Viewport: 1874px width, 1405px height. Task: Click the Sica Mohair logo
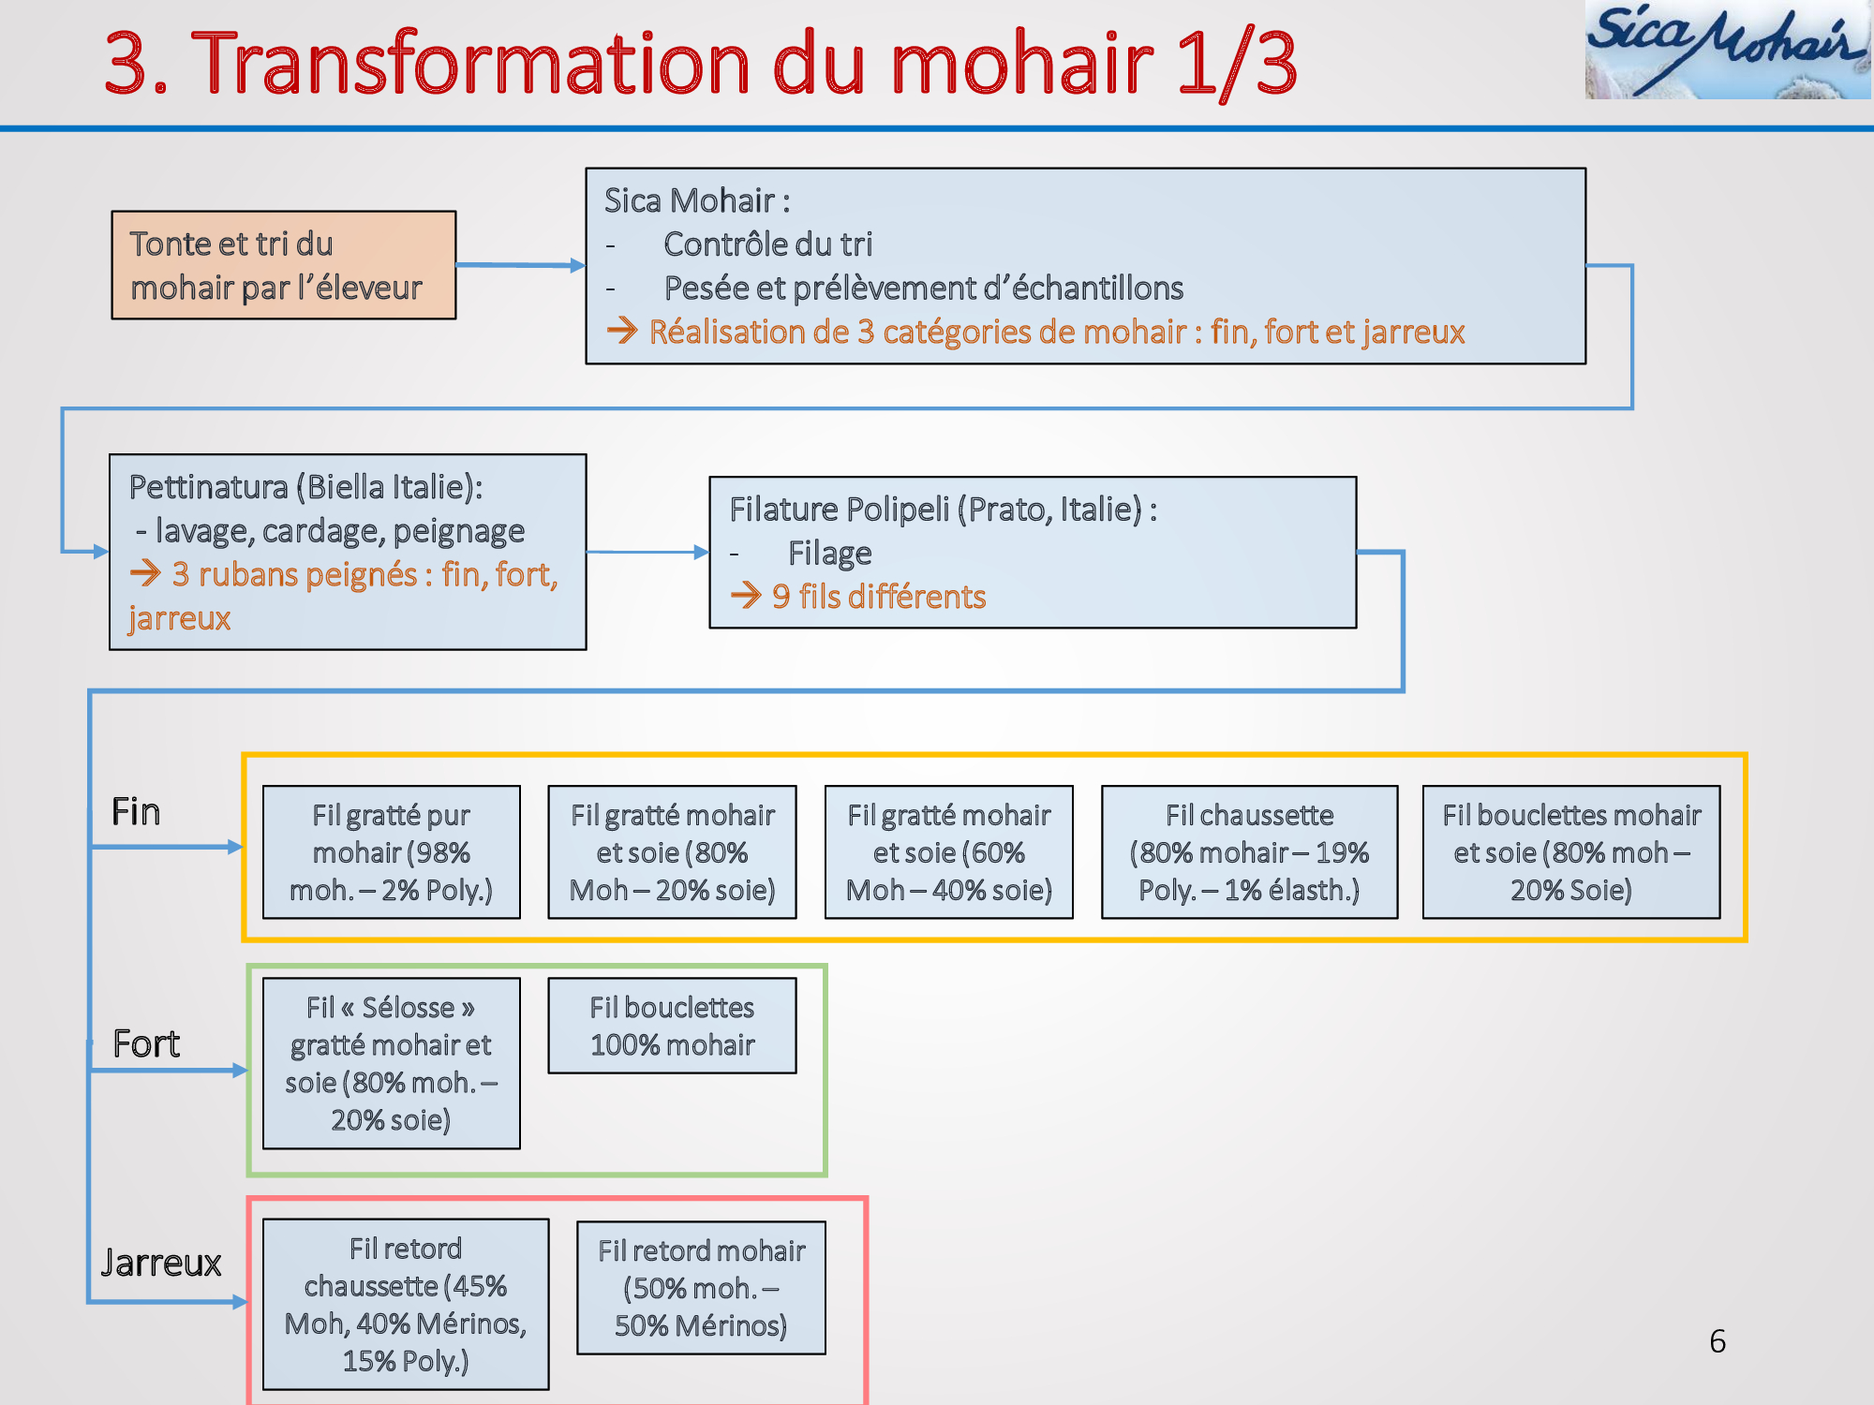coord(1728,50)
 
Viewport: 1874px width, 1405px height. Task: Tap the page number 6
coord(1718,1341)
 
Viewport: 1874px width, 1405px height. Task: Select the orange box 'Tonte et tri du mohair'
coord(284,265)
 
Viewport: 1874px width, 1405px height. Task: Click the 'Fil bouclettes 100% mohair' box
coord(672,1026)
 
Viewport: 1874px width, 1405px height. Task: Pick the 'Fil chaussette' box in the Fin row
coord(1249,852)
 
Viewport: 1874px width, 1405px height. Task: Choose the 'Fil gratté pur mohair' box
coord(392,852)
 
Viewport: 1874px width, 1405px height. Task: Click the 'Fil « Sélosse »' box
coord(392,1063)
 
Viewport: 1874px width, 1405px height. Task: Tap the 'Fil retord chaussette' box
coord(406,1304)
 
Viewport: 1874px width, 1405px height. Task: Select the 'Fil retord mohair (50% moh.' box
coord(701,1288)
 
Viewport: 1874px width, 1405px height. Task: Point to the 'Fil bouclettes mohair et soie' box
coord(1571,852)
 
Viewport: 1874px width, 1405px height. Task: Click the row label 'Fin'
coord(136,811)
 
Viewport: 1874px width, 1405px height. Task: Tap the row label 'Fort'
coord(146,1043)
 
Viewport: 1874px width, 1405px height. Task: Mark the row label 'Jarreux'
coord(161,1263)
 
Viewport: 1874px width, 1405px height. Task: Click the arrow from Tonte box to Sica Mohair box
coord(521,265)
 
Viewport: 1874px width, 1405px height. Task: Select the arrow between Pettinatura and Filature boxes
coord(648,552)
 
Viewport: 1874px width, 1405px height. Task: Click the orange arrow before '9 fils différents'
coord(746,596)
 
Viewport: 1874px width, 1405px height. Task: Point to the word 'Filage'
coord(830,554)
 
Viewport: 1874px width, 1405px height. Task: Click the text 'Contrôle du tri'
coord(768,244)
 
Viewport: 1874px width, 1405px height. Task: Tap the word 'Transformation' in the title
coord(470,63)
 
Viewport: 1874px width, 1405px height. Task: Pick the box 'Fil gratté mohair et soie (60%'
coord(949,852)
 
